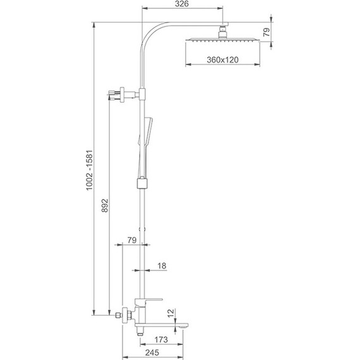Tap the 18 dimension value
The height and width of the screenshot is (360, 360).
pyautogui.click(x=161, y=266)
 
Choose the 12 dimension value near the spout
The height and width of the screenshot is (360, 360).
pyautogui.click(x=171, y=312)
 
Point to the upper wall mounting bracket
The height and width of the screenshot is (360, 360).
pyautogui.click(x=123, y=94)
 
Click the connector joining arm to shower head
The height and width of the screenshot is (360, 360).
pyautogui.click(x=224, y=29)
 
